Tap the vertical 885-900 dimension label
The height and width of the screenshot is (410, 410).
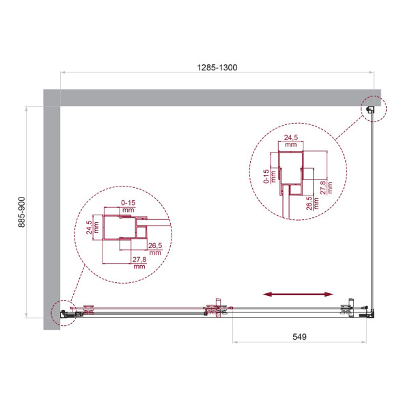pyautogui.click(x=21, y=213)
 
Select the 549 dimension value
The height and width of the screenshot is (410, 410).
pyautogui.click(x=300, y=336)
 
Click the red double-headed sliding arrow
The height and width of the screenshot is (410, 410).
pyautogui.click(x=299, y=294)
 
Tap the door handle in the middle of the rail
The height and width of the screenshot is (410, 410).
pyautogui.click(x=217, y=309)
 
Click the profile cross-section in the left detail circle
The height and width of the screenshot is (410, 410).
pyautogui.click(x=123, y=232)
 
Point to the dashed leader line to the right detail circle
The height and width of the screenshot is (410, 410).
pyautogui.click(x=349, y=131)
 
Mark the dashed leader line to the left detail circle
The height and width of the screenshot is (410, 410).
pyautogui.click(x=68, y=287)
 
